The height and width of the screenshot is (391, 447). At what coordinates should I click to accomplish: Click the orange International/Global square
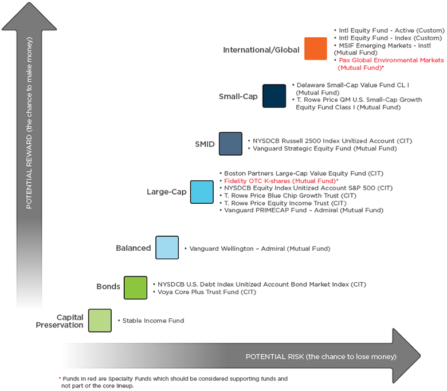[316, 49]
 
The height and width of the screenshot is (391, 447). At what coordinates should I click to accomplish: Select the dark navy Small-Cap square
[275, 96]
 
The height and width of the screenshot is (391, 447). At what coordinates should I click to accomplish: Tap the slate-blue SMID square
[230, 144]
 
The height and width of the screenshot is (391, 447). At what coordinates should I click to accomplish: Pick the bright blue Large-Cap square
[202, 192]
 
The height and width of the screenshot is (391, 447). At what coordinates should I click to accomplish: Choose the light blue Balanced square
[167, 247]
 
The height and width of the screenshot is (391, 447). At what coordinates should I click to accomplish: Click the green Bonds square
[135, 287]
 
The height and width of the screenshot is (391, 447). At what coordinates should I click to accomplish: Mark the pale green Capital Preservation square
[100, 321]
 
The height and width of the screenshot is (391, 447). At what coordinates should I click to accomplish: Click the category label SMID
[205, 144]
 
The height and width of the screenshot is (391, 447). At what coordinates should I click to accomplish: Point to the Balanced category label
[134, 248]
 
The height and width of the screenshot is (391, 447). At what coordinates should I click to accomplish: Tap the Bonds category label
[108, 286]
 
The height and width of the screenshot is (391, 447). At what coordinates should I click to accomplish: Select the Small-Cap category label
[238, 97]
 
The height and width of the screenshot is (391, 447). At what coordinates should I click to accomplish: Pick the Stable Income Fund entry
[153, 321]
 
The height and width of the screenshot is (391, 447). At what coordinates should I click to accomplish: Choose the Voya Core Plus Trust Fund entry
[207, 292]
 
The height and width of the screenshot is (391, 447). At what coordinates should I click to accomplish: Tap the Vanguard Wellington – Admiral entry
[260, 248]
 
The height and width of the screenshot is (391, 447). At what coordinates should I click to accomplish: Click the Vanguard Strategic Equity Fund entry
[325, 148]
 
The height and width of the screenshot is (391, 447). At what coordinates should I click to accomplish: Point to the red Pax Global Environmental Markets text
[391, 64]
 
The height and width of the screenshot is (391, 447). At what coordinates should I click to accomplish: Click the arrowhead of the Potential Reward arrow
[29, 17]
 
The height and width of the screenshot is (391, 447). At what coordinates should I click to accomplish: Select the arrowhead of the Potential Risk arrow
[406, 356]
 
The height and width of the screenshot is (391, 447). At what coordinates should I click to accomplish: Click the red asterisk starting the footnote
[60, 378]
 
